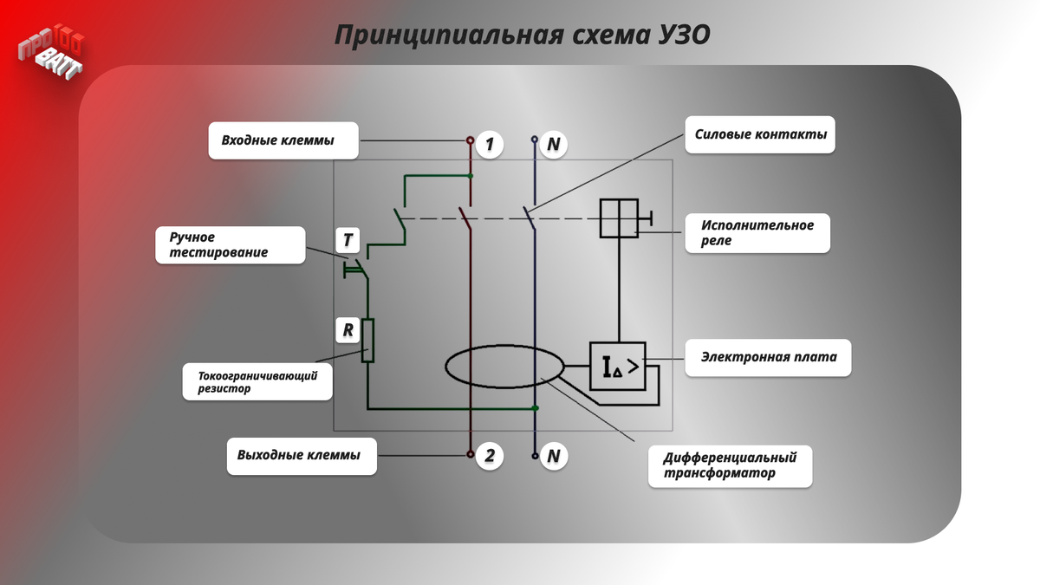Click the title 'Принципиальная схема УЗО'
[x=522, y=36]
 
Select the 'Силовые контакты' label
[x=760, y=135]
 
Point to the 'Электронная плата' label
[x=768, y=357]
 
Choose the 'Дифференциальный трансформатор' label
[x=730, y=465]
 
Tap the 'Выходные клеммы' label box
[x=302, y=456]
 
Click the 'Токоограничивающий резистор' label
[x=257, y=382]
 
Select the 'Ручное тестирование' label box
[x=231, y=245]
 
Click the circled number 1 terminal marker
[x=489, y=144]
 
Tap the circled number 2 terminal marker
[x=489, y=456]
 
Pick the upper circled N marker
[x=553, y=144]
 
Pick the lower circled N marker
[x=553, y=456]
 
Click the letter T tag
[x=348, y=239]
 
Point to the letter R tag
[x=348, y=330]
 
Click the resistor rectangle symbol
[x=367, y=341]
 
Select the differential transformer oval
[x=504, y=367]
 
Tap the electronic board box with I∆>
[x=618, y=366]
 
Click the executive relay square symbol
[x=619, y=218]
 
